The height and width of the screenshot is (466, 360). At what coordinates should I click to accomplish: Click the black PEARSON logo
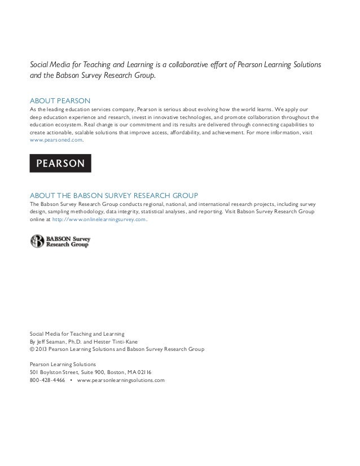click(x=60, y=163)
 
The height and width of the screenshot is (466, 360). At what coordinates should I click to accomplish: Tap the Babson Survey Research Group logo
click(x=60, y=242)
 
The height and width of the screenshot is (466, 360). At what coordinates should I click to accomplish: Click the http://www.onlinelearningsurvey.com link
click(x=99, y=219)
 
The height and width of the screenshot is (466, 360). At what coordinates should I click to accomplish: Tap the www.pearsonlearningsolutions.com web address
click(x=120, y=380)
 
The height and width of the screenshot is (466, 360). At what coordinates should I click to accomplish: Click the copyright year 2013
click(x=42, y=349)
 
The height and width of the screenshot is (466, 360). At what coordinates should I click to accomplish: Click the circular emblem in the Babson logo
click(x=37, y=242)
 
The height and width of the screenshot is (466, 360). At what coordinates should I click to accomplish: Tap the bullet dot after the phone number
click(x=71, y=380)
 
